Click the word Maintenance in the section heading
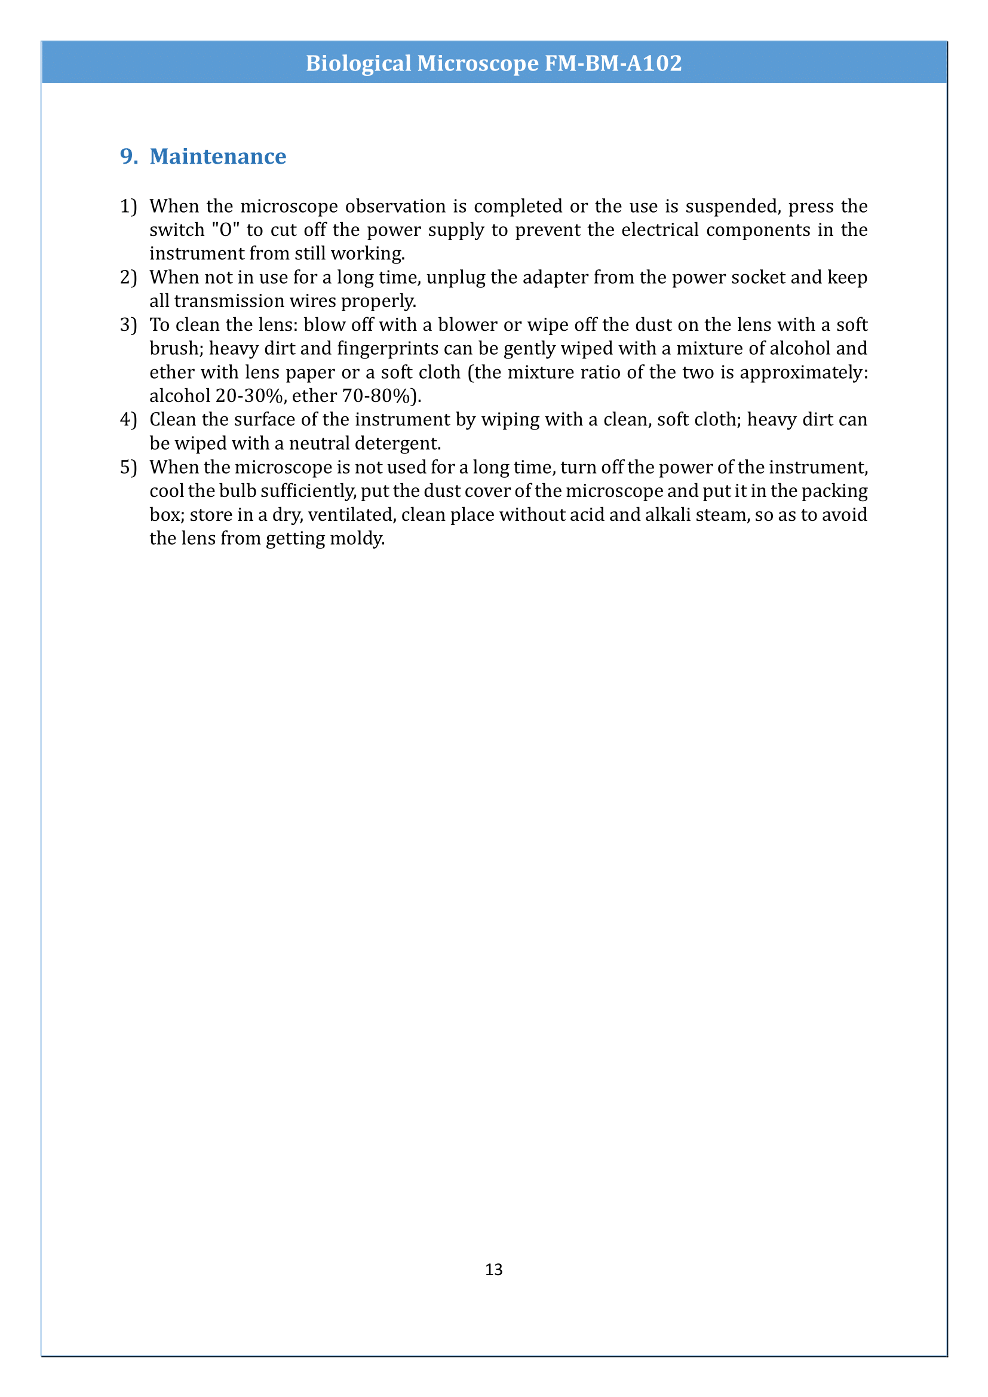pyautogui.click(x=218, y=157)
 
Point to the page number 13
pyautogui.click(x=493, y=1269)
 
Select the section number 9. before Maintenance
pyautogui.click(x=129, y=157)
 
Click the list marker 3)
pyautogui.click(x=128, y=325)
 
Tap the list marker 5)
pyautogui.click(x=128, y=467)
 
